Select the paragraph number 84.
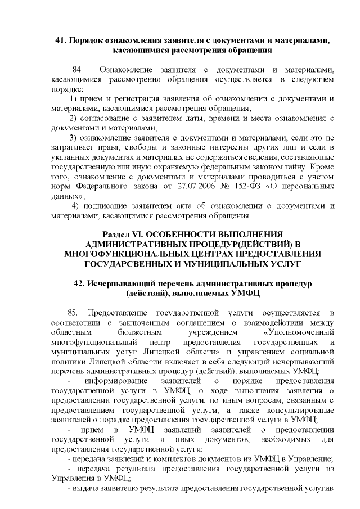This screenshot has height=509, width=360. point(79,69)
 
